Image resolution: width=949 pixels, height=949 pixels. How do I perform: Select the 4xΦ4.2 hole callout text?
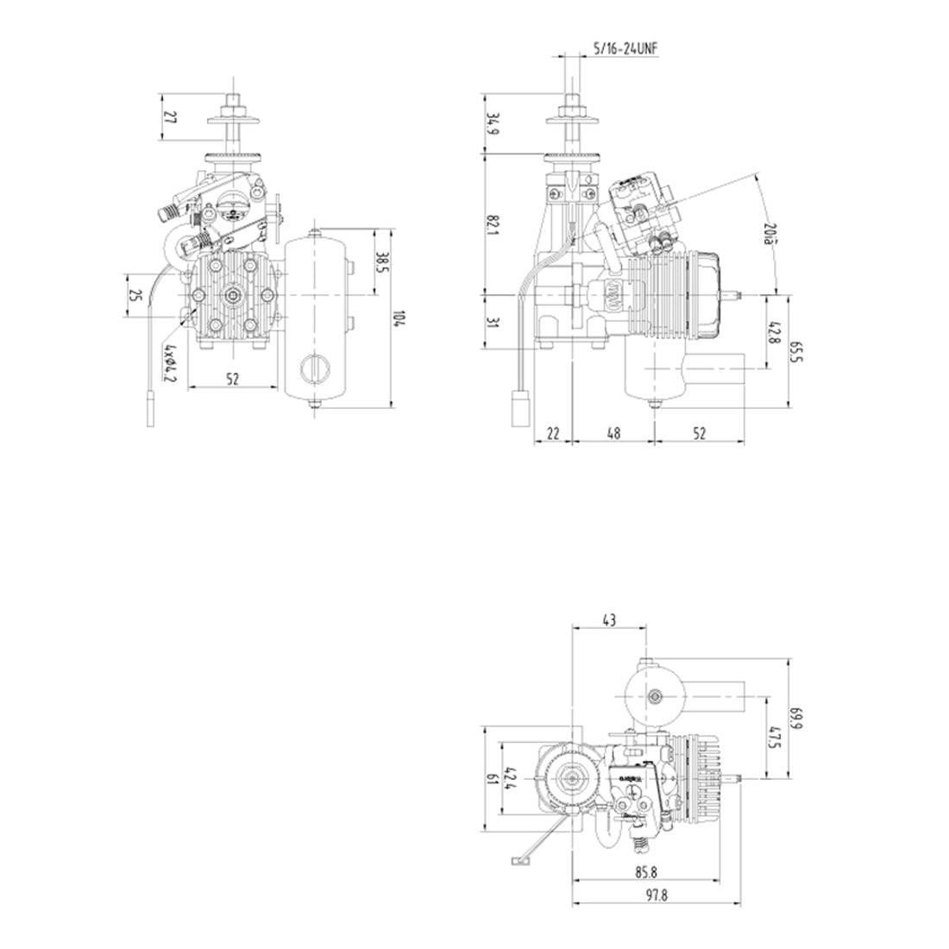170,363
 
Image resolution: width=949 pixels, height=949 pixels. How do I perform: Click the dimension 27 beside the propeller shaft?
169,117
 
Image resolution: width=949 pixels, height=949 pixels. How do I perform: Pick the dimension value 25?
135,296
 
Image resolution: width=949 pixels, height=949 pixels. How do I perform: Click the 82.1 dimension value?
493,226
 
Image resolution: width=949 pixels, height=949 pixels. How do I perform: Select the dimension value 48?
612,435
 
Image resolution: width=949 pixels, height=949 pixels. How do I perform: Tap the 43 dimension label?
609,619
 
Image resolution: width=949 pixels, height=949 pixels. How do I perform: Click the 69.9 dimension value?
796,719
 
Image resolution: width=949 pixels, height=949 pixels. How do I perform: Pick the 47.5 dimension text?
774,738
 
